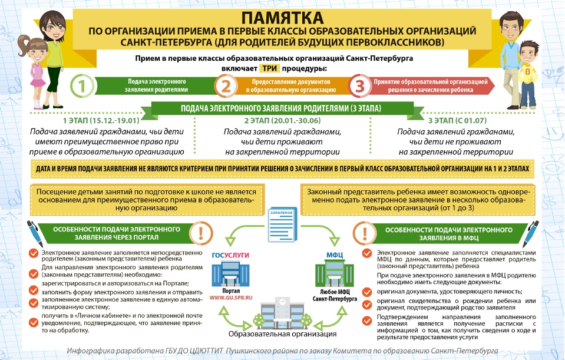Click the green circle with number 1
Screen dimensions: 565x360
coord(82,87)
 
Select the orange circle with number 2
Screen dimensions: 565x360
coord(226,87)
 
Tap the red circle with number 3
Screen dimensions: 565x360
coord(359,86)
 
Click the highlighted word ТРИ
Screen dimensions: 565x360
coord(269,68)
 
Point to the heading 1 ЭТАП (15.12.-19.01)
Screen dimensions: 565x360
coord(101,121)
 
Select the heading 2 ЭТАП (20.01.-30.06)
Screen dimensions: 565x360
coord(282,121)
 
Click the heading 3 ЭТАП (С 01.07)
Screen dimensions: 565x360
coord(457,121)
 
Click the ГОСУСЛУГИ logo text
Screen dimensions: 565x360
coord(230,255)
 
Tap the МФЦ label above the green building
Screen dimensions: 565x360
coord(335,255)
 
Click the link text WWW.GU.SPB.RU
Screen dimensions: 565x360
coord(231,298)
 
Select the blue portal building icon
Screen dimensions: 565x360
coord(230,273)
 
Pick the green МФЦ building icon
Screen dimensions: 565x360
coord(335,273)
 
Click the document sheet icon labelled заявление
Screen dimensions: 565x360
coord(283,224)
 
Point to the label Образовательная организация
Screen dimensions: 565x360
coord(283,334)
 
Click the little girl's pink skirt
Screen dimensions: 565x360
coord(38,82)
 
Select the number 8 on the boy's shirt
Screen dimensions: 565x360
coord(528,72)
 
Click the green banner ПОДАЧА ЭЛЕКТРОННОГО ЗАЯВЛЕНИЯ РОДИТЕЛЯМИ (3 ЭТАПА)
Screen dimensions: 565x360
coord(281,108)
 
